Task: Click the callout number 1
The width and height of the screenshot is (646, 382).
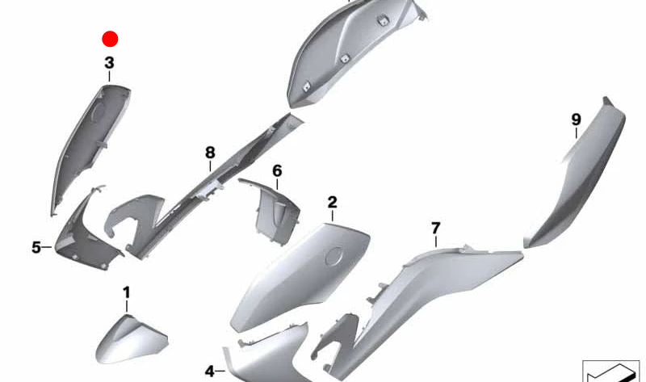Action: coord(126,292)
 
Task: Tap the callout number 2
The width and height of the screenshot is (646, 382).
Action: coord(332,202)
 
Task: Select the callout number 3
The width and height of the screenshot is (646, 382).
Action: coord(109,62)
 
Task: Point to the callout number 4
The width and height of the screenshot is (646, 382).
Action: coord(210,372)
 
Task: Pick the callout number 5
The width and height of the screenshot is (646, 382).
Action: coord(36,247)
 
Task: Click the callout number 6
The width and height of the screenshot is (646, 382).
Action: coord(277,171)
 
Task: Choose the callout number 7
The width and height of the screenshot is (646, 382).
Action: coord(435,228)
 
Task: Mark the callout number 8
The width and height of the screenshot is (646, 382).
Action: coord(210,152)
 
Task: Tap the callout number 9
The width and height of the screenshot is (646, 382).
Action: coord(576,120)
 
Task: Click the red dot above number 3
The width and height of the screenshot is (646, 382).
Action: coord(110,39)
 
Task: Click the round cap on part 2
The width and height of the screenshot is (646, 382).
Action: coord(333,258)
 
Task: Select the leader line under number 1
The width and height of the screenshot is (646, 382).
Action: coord(126,305)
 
